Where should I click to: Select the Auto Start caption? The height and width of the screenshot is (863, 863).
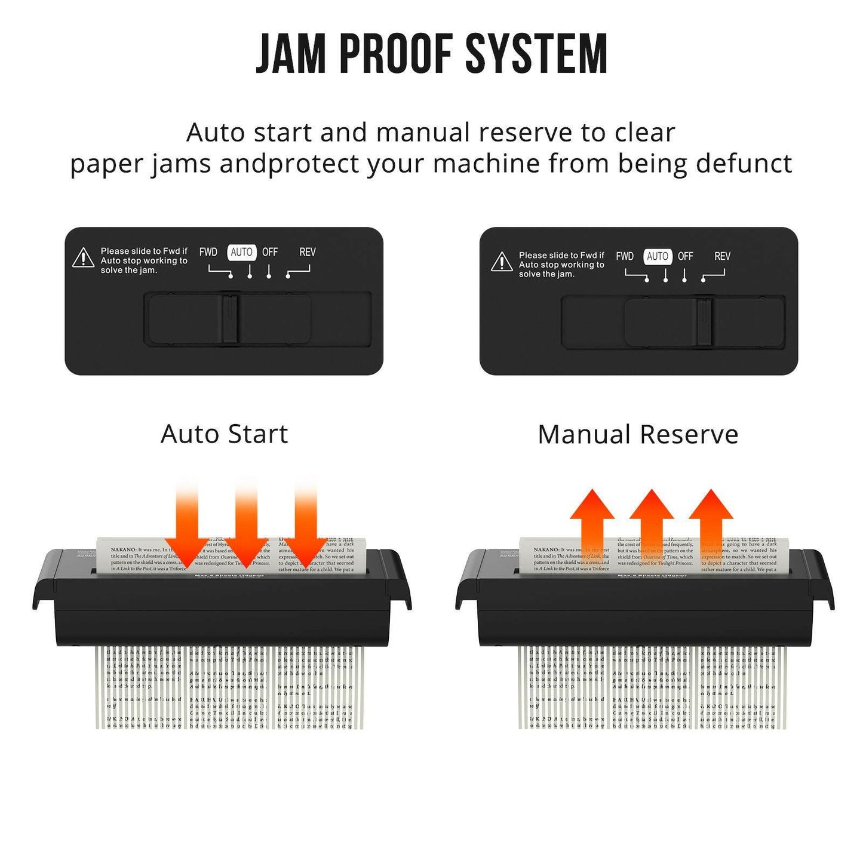tap(225, 434)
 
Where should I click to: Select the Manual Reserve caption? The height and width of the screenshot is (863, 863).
tap(638, 435)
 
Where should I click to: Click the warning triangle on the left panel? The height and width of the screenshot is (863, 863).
tap(83, 259)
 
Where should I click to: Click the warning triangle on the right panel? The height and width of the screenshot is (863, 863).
tap(502, 262)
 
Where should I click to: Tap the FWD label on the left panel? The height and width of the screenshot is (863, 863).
tap(208, 252)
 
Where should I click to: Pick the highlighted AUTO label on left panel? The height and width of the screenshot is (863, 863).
tap(241, 252)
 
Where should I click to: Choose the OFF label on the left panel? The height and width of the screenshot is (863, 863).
tap(270, 252)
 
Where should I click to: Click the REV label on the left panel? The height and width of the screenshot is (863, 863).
tap(307, 252)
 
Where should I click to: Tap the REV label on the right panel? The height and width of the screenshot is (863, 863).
tap(722, 256)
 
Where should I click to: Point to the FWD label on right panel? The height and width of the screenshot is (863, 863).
tap(625, 256)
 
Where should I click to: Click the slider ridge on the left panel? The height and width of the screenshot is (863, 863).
tap(230, 319)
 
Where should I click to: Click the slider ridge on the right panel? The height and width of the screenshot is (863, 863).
tap(704, 322)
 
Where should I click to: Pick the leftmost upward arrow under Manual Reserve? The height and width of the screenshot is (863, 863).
tap(592, 526)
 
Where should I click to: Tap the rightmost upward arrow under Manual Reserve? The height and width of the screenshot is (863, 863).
tap(711, 526)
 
